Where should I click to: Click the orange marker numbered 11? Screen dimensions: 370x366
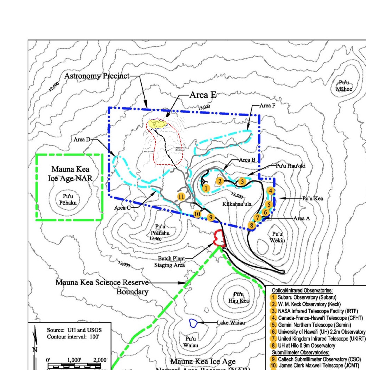pyautogui.click(x=181, y=197)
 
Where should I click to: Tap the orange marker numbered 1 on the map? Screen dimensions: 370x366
pyautogui.click(x=206, y=188)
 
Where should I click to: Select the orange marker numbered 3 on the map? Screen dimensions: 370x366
pyautogui.click(x=242, y=182)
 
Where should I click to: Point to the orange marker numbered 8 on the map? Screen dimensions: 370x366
pyautogui.click(x=251, y=225)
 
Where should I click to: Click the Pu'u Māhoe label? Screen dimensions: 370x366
pyautogui.click(x=344, y=86)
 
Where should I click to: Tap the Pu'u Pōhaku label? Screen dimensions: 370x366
pyautogui.click(x=68, y=200)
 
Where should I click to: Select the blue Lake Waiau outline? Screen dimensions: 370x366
pyautogui.click(x=193, y=323)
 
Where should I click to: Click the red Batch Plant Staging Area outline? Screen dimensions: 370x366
pyautogui.click(x=219, y=238)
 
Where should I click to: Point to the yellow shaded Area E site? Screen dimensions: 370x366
pyautogui.click(x=157, y=124)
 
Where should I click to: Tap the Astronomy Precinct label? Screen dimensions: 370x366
pyautogui.click(x=97, y=76)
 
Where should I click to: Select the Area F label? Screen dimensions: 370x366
pyautogui.click(x=267, y=105)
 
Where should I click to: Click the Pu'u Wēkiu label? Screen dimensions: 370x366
pyautogui.click(x=277, y=237)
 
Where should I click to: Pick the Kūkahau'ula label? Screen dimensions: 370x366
pyautogui.click(x=237, y=204)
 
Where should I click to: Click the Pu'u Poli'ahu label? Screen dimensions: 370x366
pyautogui.click(x=160, y=230)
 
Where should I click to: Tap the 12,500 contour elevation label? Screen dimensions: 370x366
pyautogui.click(x=54, y=87)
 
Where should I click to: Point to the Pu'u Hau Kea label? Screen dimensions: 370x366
pyautogui.click(x=239, y=297)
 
